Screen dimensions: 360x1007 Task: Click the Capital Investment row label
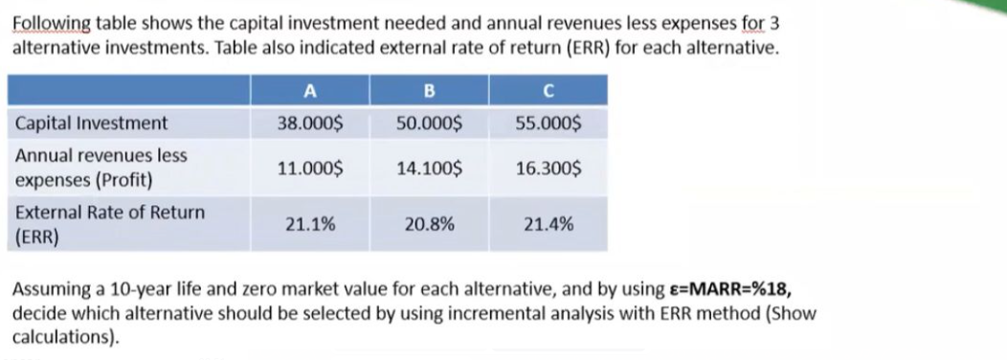92,124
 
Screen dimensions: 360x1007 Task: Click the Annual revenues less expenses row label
101,168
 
